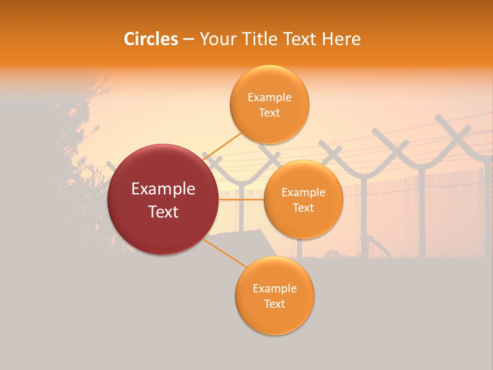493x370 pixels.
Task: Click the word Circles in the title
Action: click(x=150, y=39)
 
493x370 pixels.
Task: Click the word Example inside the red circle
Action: click(x=163, y=189)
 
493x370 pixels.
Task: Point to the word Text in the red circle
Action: click(x=163, y=212)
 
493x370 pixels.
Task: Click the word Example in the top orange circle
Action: click(x=269, y=98)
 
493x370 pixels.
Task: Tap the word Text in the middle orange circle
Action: click(x=303, y=208)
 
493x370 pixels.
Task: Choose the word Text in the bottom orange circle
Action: click(x=274, y=304)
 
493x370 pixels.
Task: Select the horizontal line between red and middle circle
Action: click(x=241, y=199)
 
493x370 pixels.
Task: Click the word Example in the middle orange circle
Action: click(x=303, y=193)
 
